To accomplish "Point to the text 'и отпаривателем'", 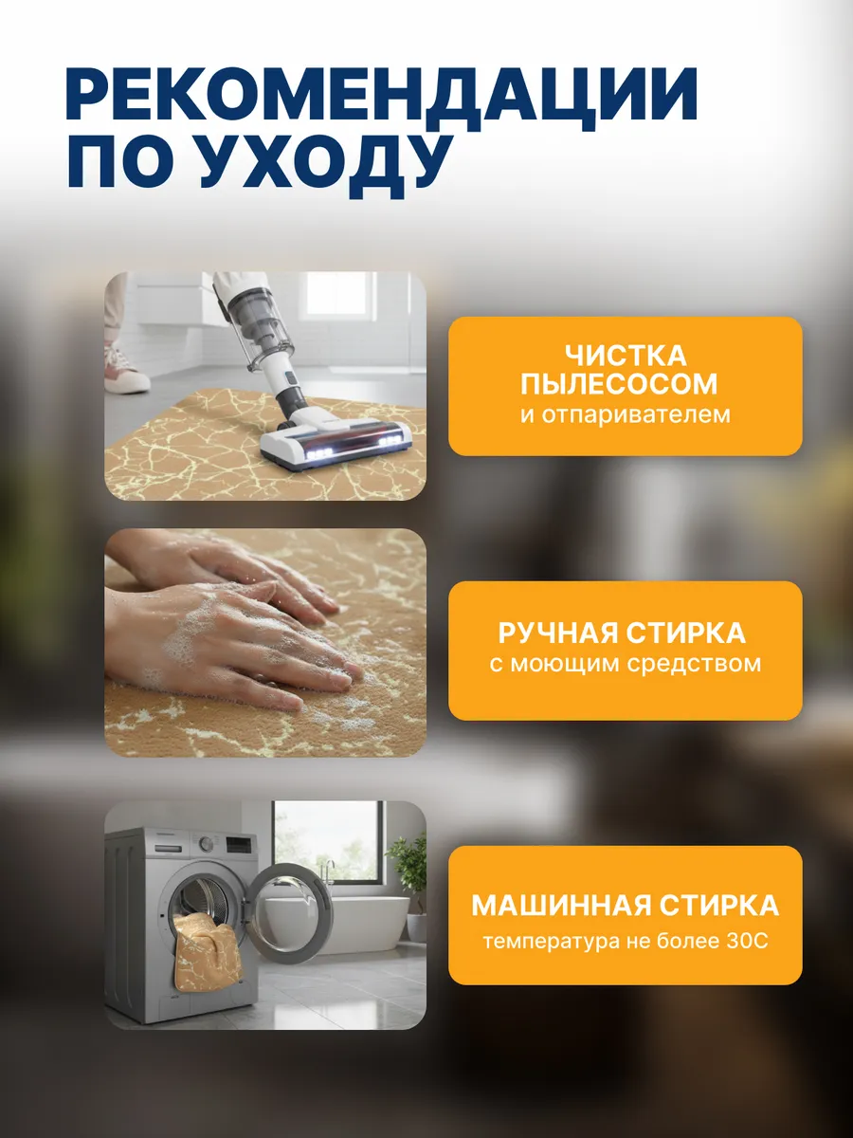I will coord(625,414).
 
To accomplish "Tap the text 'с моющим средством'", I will coord(625,663).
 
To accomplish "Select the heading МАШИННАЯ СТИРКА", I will coord(625,905).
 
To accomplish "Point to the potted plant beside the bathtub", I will coord(409,868).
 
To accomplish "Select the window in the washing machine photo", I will coord(327,839).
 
